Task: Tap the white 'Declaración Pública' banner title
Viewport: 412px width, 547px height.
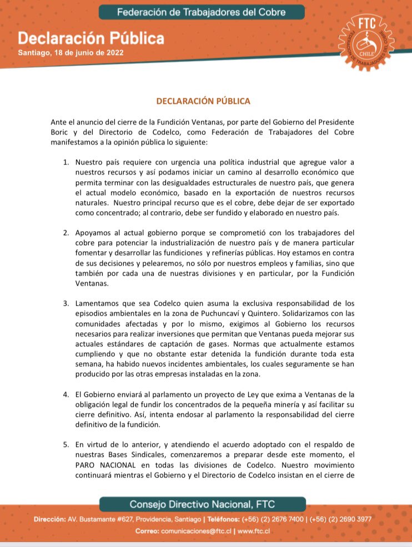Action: [91, 38]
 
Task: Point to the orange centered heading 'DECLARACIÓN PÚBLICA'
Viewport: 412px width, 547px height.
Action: [203, 101]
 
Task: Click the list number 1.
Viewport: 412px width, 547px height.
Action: [65, 162]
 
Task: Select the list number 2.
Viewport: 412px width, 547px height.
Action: [65, 231]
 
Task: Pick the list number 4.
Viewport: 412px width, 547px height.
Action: [65, 394]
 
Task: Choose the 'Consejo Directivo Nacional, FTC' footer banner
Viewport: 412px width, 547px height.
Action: [202, 504]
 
